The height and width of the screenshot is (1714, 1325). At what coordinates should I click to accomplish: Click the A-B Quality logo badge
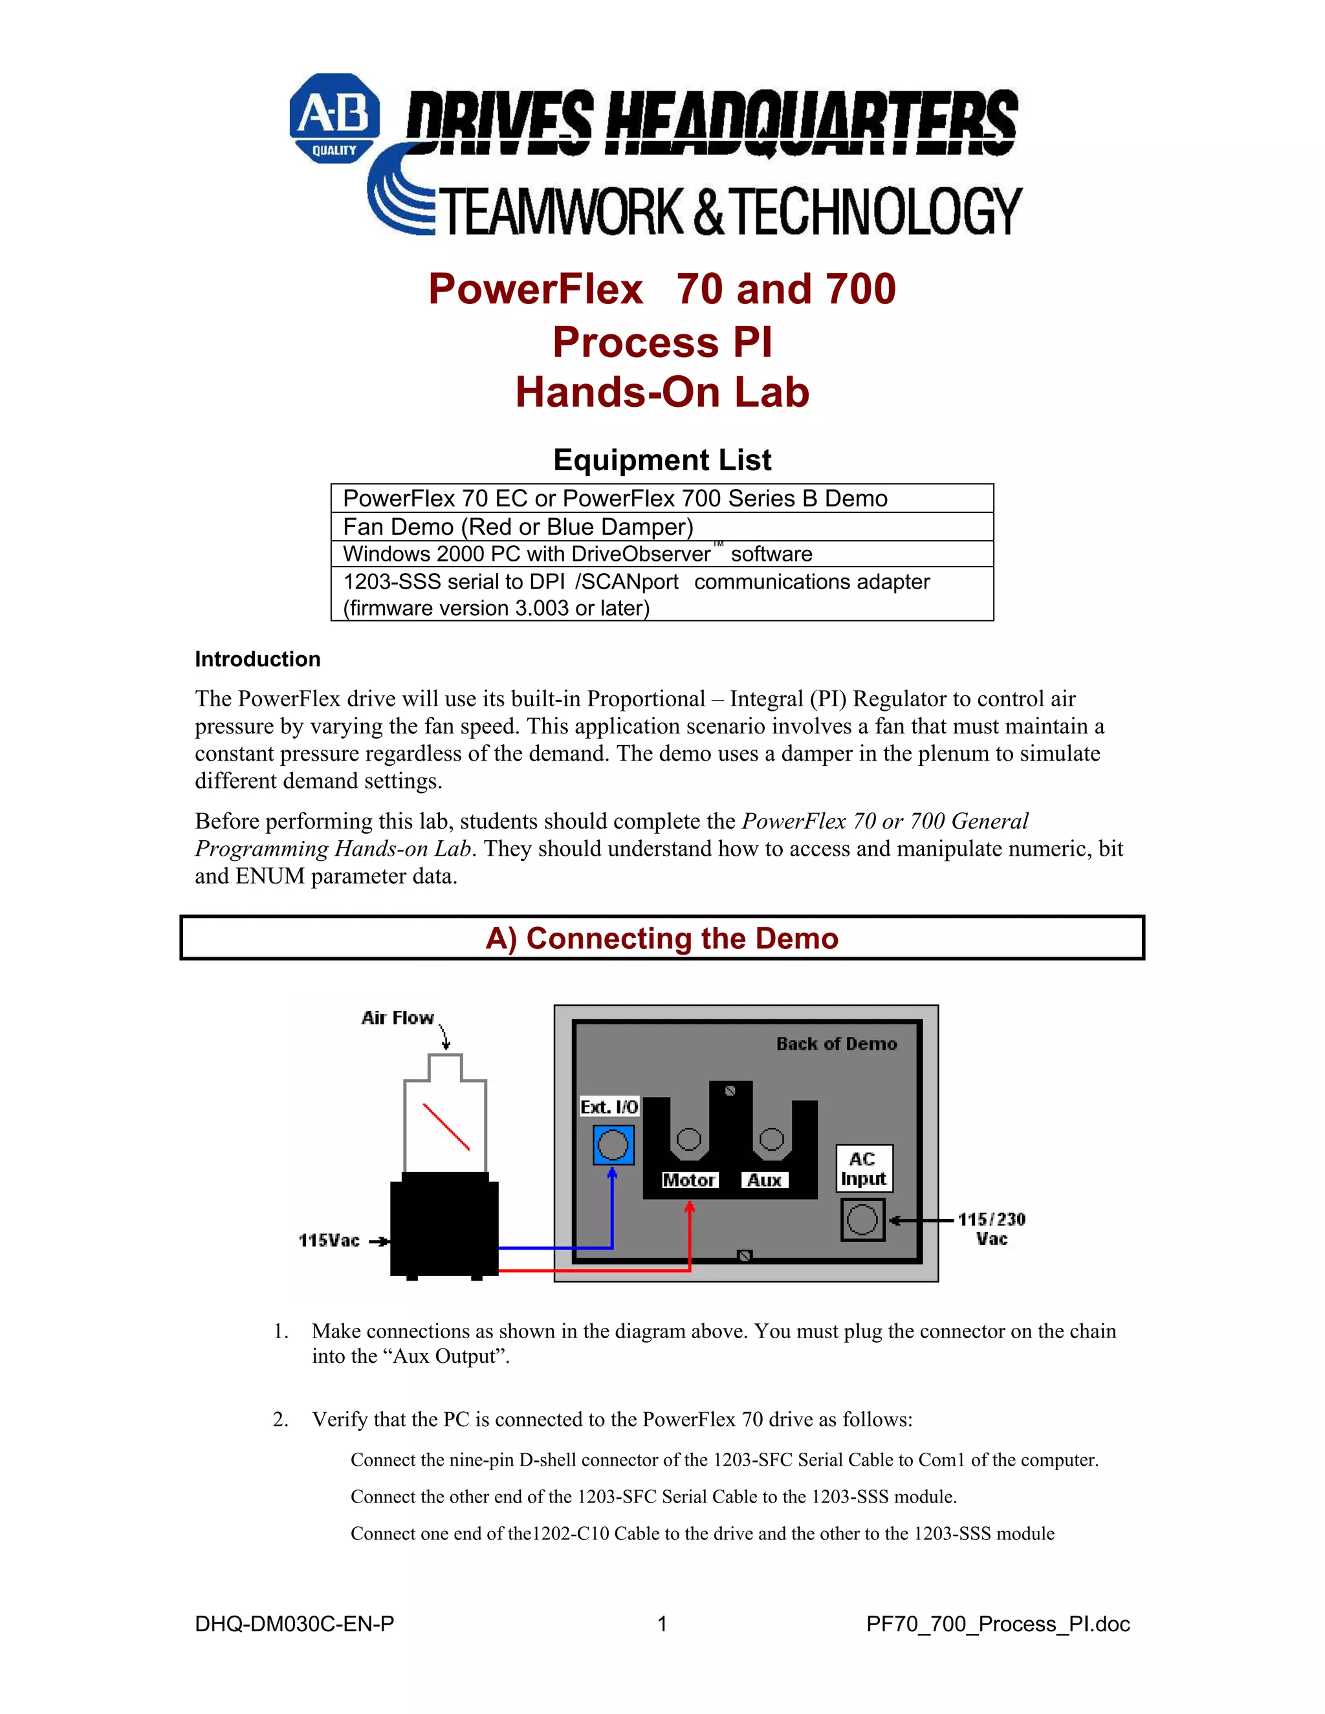pos(334,118)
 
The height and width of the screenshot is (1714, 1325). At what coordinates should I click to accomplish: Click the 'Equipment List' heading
pos(662,460)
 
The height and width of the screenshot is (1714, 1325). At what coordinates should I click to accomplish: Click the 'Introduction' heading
pos(257,659)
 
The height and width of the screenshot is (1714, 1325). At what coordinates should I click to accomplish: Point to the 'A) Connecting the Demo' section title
pos(662,938)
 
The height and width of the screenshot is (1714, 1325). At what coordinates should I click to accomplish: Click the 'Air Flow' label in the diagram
pos(397,1018)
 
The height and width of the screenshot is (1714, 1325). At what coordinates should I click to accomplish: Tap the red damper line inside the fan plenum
pos(446,1127)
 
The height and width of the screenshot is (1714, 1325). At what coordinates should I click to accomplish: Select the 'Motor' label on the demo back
pos(689,1180)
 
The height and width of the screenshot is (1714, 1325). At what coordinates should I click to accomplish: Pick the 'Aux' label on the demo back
pos(765,1180)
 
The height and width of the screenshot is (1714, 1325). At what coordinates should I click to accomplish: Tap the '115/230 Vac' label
pos(991,1229)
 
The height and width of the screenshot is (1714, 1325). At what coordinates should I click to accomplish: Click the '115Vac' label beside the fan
pos(329,1241)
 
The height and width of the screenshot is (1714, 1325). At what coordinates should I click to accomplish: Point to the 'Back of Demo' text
pos(836,1044)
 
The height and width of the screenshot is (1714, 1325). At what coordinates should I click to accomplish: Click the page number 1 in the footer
pos(662,1623)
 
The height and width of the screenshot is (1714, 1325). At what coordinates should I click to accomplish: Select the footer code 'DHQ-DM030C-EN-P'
pos(294,1623)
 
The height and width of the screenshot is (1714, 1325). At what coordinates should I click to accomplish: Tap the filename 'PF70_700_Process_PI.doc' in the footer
pos(998,1623)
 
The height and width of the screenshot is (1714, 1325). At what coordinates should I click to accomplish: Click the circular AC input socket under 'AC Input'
pos(862,1220)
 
